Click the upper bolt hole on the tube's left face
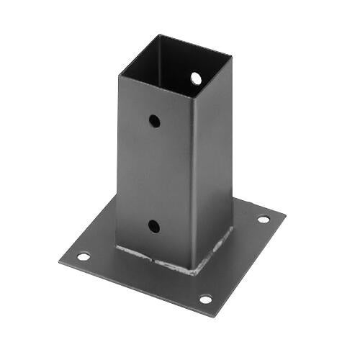pos(155,121)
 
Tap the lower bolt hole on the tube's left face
pos(154,226)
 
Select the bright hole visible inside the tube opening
pos(196,78)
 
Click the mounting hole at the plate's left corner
pos(84,256)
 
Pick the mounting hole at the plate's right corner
pos(264,219)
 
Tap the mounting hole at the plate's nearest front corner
pos(205,299)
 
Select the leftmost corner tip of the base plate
pos(59,261)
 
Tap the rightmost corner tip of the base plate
pos(285,213)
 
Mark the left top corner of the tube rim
pos(119,73)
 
